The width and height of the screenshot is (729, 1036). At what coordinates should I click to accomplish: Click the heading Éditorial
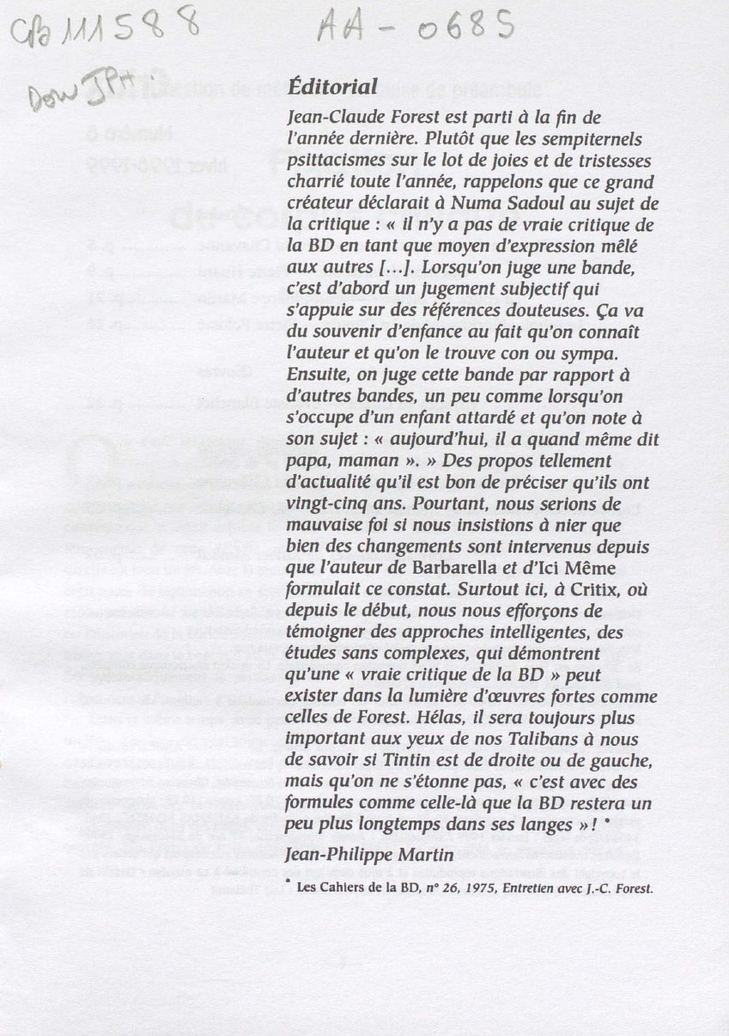332,87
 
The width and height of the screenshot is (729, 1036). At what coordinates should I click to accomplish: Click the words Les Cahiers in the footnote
332,889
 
